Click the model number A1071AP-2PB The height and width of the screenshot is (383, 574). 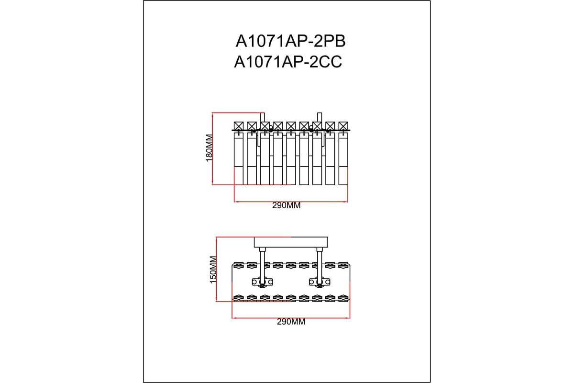(290, 42)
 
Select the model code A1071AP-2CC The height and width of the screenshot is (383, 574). (288, 62)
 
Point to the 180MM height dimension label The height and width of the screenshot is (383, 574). (209, 148)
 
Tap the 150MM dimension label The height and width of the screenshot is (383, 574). (213, 270)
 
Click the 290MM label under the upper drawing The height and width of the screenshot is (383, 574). (286, 205)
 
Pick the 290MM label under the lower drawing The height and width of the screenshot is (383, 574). (291, 322)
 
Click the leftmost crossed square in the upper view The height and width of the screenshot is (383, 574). (238, 126)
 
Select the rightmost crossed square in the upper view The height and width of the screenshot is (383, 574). (343, 126)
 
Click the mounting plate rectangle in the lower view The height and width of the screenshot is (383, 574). (291, 242)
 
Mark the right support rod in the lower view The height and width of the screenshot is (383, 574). (319, 263)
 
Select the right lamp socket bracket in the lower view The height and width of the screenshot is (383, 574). (318, 282)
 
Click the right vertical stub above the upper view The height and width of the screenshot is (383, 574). (320, 118)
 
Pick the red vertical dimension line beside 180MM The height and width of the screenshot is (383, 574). (212, 148)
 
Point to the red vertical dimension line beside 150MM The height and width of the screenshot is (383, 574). (217, 269)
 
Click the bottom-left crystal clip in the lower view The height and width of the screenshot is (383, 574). (238, 298)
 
